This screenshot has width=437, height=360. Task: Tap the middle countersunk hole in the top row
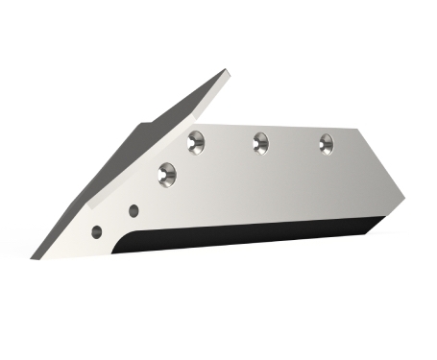[x=260, y=143]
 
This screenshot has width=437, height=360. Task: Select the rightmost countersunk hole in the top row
[x=326, y=144]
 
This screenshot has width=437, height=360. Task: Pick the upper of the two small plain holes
[x=134, y=210]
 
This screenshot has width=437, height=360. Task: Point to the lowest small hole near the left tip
[x=97, y=231]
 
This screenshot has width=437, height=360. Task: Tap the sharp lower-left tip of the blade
[x=34, y=257]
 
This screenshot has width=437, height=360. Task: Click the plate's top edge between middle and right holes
[x=293, y=125]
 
